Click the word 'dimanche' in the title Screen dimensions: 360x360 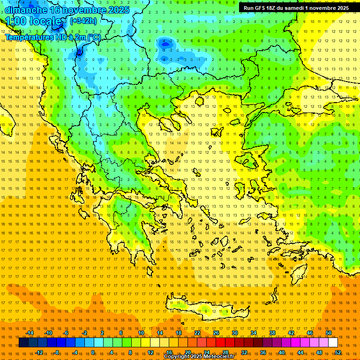pos(24,10)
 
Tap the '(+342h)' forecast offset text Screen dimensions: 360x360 pos(83,21)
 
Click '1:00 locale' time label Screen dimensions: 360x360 pos(33,21)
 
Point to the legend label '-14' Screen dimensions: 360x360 pos(29,333)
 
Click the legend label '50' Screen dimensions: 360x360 pos(329,333)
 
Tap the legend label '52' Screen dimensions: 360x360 pos(338,352)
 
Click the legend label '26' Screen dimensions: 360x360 pos(216,333)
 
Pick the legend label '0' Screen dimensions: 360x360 pos(93,352)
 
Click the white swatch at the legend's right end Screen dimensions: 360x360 pos(333,343)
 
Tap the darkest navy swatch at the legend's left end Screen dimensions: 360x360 pos(23,343)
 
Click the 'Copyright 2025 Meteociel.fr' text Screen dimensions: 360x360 pos(199,357)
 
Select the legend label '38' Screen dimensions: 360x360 pos(272,333)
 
